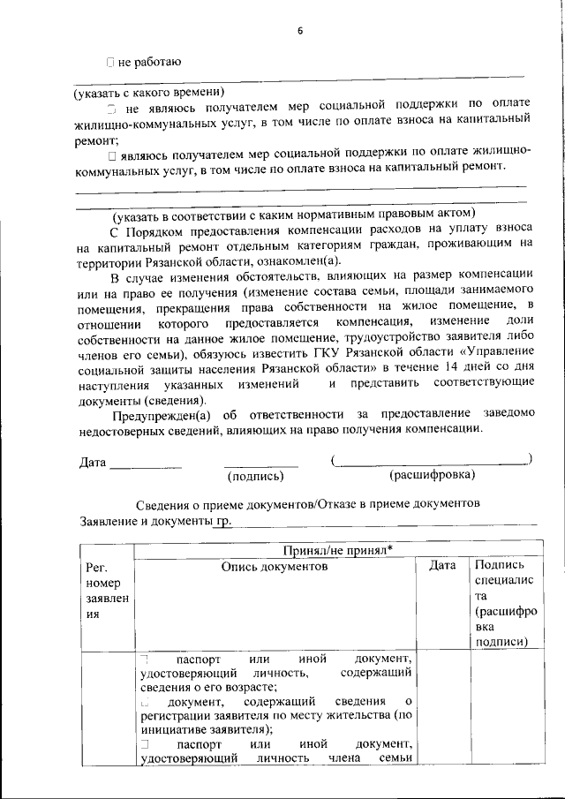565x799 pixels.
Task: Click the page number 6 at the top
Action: pos(300,31)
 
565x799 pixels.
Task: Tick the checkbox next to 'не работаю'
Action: pos(109,62)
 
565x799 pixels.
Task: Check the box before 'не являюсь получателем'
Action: pos(112,109)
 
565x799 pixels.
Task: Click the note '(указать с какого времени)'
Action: pos(149,92)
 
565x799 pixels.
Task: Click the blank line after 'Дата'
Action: pos(146,464)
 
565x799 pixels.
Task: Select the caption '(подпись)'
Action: pos(256,476)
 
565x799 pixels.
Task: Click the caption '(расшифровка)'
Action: pos(432,475)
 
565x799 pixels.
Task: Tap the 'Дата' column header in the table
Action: pos(441,566)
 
